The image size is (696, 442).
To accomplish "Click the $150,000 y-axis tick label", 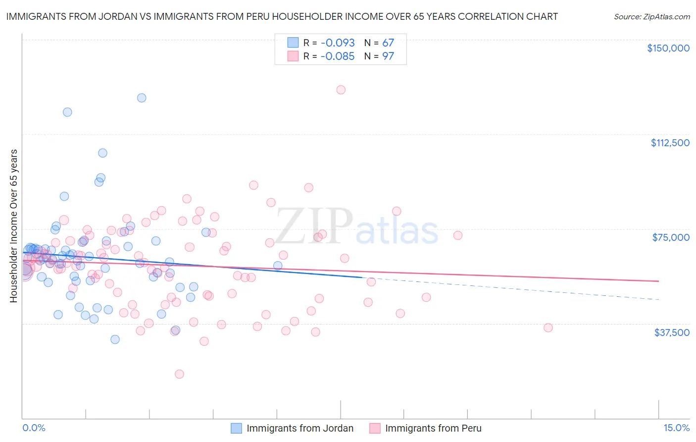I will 668,48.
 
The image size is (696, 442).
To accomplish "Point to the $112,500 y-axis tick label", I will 670,143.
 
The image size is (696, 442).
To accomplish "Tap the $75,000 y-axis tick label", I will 671,237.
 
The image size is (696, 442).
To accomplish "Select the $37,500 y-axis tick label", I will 672,332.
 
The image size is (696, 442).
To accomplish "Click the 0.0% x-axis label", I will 34,428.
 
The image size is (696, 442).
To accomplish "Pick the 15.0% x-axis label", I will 676,428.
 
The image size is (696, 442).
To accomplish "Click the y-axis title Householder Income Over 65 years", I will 14,225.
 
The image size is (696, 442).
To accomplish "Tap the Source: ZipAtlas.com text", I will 651,16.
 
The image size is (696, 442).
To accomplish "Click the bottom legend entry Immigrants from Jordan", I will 300,429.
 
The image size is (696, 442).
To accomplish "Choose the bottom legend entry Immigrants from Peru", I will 433,429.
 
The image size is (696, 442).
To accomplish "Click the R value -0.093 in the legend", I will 338,43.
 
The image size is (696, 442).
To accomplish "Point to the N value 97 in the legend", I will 388,56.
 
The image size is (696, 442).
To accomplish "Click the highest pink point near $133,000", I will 341,90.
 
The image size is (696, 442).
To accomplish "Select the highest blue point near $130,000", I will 142,98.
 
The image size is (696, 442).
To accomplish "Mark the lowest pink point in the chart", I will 179,374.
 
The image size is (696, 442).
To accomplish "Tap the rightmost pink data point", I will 548,328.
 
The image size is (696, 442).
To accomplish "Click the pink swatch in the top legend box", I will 293,56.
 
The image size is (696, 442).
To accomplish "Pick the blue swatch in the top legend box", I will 293,43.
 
